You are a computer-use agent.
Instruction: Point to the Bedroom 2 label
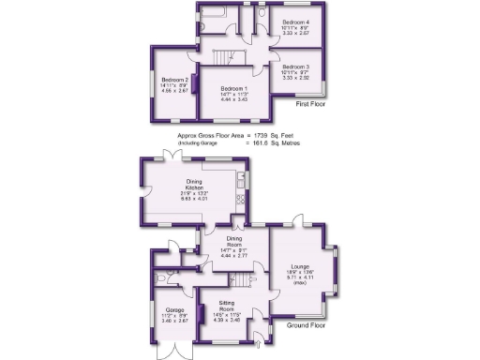pyautogui.click(x=174, y=81)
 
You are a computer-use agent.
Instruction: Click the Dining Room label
pyautogui.click(x=234, y=243)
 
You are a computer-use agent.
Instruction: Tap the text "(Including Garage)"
pyautogui.click(x=195, y=143)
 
